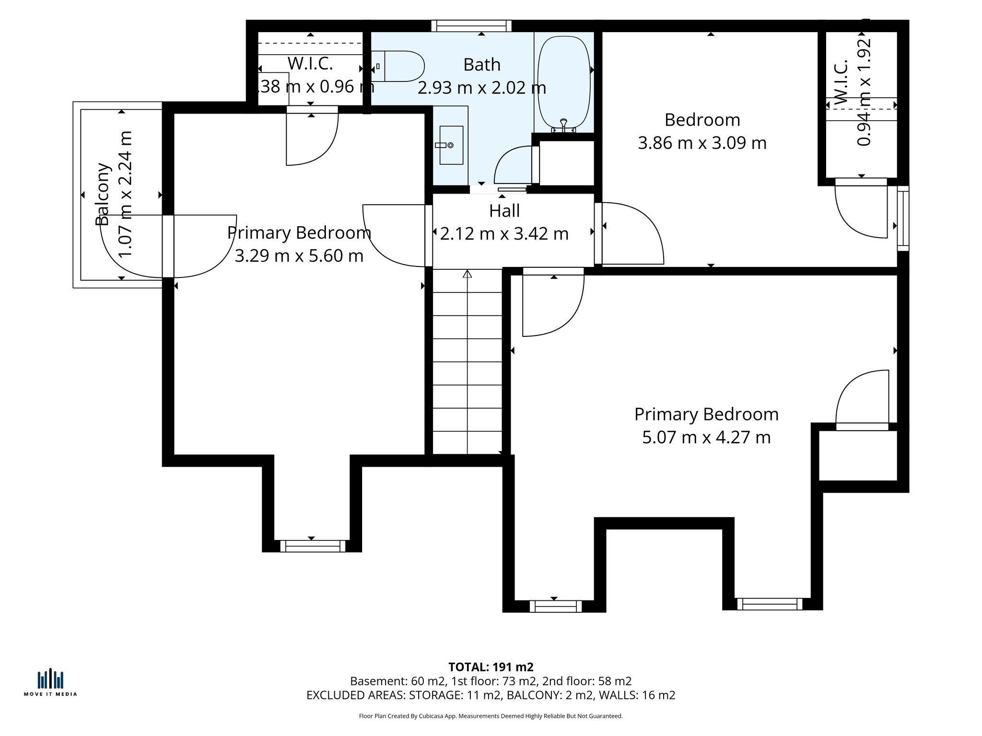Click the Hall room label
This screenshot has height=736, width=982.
[x=504, y=211]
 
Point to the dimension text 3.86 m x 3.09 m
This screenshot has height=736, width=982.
[x=702, y=143]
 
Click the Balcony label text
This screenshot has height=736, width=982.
[x=103, y=194]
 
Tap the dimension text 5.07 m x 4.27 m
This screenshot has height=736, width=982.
[x=706, y=437]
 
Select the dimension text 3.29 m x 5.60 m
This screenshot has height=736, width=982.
[x=299, y=255]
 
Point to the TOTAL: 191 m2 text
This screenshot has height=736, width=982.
[x=491, y=667]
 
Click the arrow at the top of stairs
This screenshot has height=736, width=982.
[x=467, y=274]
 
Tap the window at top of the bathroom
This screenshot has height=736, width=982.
[x=471, y=26]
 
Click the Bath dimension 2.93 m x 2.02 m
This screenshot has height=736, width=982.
[x=481, y=88]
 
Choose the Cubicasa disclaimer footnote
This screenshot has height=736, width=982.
[x=491, y=716]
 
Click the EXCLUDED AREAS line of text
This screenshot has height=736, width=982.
[x=491, y=695]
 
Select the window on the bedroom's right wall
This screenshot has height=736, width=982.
[x=902, y=218]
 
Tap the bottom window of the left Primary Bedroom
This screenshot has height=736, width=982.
[x=313, y=546]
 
